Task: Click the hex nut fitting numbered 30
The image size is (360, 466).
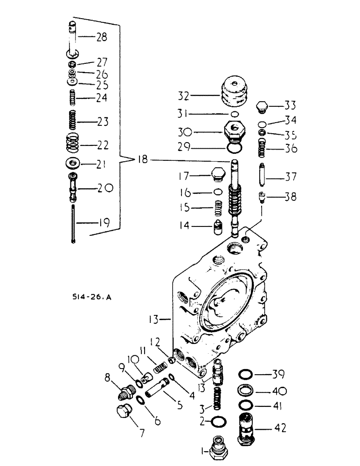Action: [x=235, y=131]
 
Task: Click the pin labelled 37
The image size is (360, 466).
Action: [x=263, y=177]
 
